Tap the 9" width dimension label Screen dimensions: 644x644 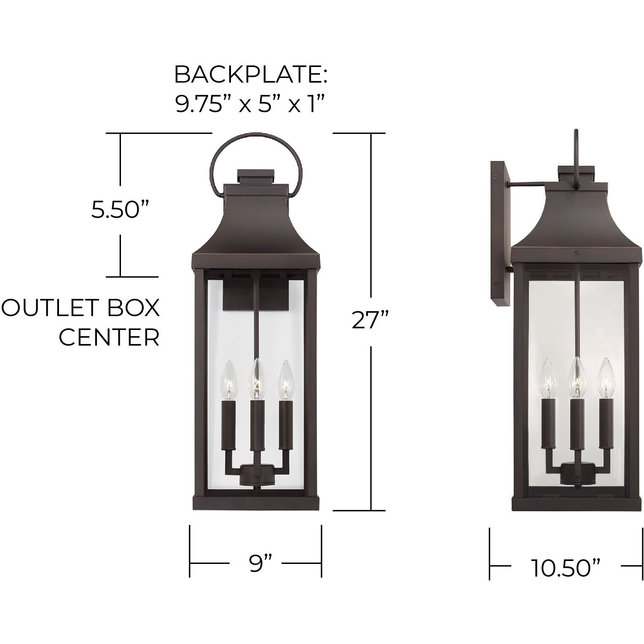(x=256, y=563)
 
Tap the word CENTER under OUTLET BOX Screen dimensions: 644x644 (x=109, y=337)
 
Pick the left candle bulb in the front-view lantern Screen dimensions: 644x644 (x=230, y=379)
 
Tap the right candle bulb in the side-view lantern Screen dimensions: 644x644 (x=606, y=378)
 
